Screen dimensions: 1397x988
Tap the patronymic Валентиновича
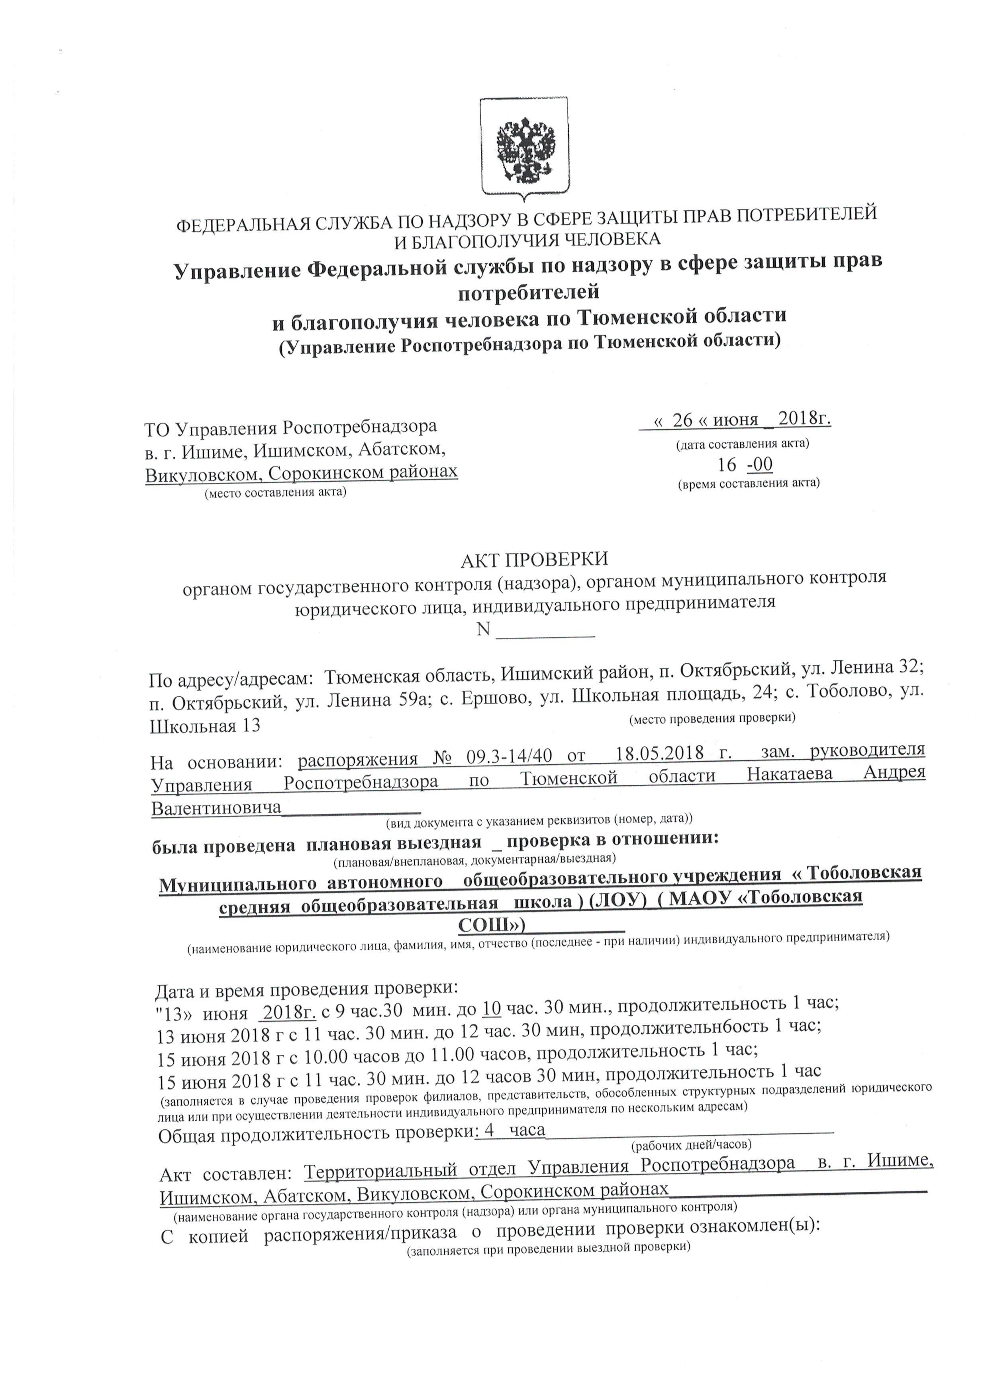[x=216, y=807]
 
